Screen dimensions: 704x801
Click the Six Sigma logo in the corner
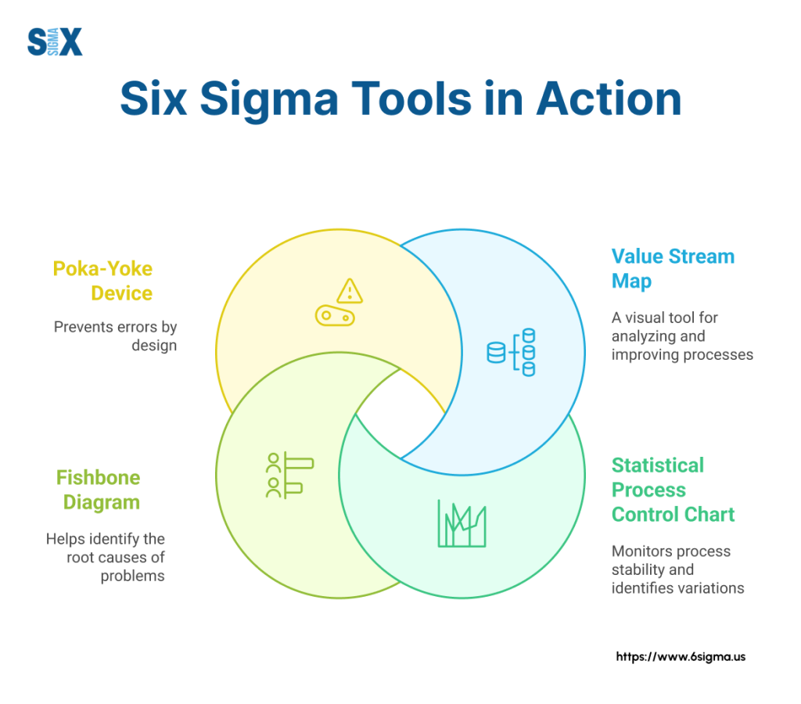pyautogui.click(x=54, y=41)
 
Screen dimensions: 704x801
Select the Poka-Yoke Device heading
pyautogui.click(x=102, y=281)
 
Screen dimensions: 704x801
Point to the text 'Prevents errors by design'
pyautogui.click(x=115, y=336)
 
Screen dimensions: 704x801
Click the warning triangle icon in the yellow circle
pyautogui.click(x=349, y=291)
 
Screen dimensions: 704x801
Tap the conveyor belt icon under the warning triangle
pyautogui.click(x=335, y=316)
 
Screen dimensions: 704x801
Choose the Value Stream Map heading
pyautogui.click(x=673, y=268)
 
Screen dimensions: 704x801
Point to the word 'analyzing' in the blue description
pyautogui.click(x=647, y=336)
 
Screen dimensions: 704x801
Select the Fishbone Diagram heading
pyautogui.click(x=98, y=490)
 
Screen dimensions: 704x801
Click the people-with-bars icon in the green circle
pyautogui.click(x=289, y=476)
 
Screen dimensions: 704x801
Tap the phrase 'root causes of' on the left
pyautogui.click(x=115, y=558)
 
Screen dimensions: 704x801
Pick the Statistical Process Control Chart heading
pyautogui.click(x=673, y=490)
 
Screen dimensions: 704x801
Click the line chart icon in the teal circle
pyautogui.click(x=462, y=523)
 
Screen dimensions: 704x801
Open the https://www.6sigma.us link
pyautogui.click(x=681, y=657)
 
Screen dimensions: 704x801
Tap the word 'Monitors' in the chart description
pyautogui.click(x=641, y=551)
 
